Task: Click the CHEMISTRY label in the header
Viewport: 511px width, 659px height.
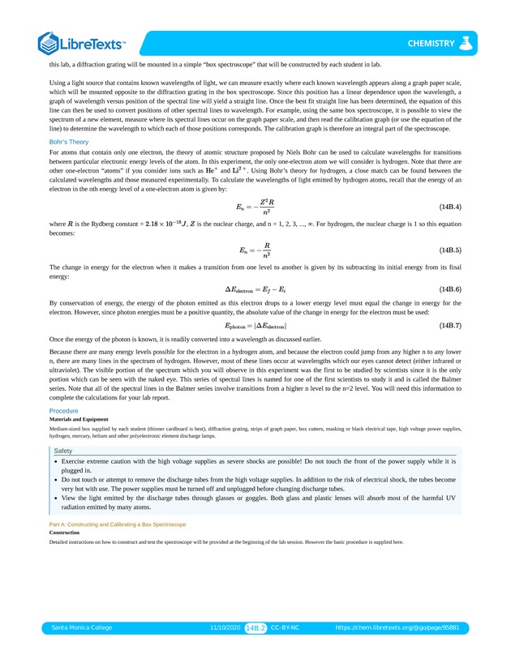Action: pyautogui.click(x=431, y=43)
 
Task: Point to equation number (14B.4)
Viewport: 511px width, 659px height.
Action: pyautogui.click(x=449, y=207)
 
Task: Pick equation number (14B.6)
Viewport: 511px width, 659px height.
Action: pyautogui.click(x=449, y=289)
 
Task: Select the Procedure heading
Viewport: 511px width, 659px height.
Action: pyautogui.click(x=64, y=411)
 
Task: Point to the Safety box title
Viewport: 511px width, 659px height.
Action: pyautogui.click(x=63, y=451)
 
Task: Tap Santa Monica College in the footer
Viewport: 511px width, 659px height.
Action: pyautogui.click(x=82, y=627)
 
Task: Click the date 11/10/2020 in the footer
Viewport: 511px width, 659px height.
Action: pyautogui.click(x=225, y=627)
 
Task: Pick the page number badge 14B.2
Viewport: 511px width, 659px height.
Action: pyautogui.click(x=255, y=627)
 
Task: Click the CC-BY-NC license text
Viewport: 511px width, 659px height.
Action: pyautogui.click(x=286, y=627)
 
